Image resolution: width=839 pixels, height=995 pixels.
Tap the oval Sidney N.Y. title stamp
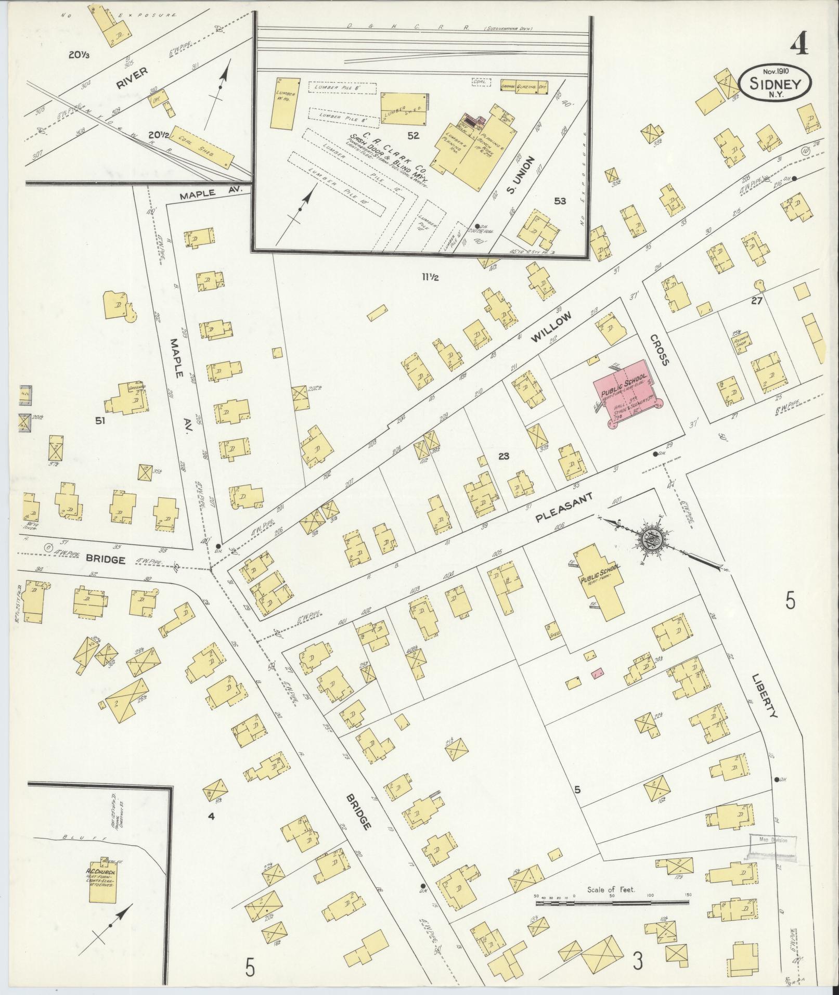point(775,84)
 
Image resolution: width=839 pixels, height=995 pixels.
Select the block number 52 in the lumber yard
point(413,136)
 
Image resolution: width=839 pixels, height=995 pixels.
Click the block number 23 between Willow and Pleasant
point(502,456)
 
